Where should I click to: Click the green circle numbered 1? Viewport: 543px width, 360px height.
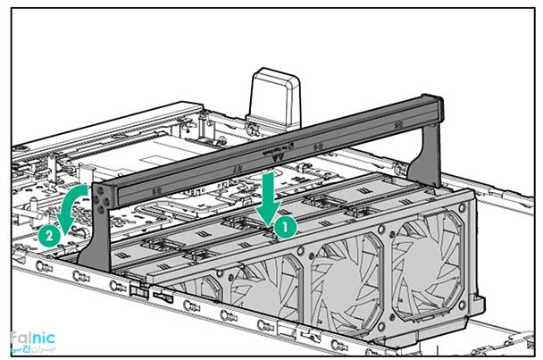click(x=282, y=227)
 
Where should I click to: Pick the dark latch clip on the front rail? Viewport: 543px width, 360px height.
click(x=136, y=290)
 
